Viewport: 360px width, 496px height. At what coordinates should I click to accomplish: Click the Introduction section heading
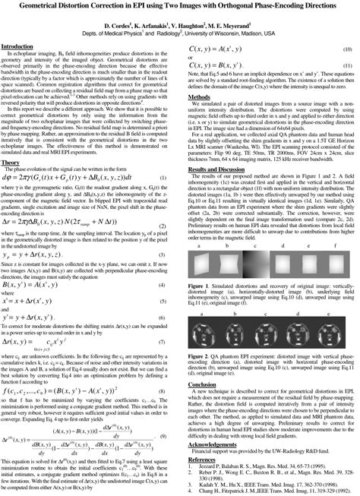24,46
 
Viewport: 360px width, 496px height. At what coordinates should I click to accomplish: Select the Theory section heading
11,185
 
